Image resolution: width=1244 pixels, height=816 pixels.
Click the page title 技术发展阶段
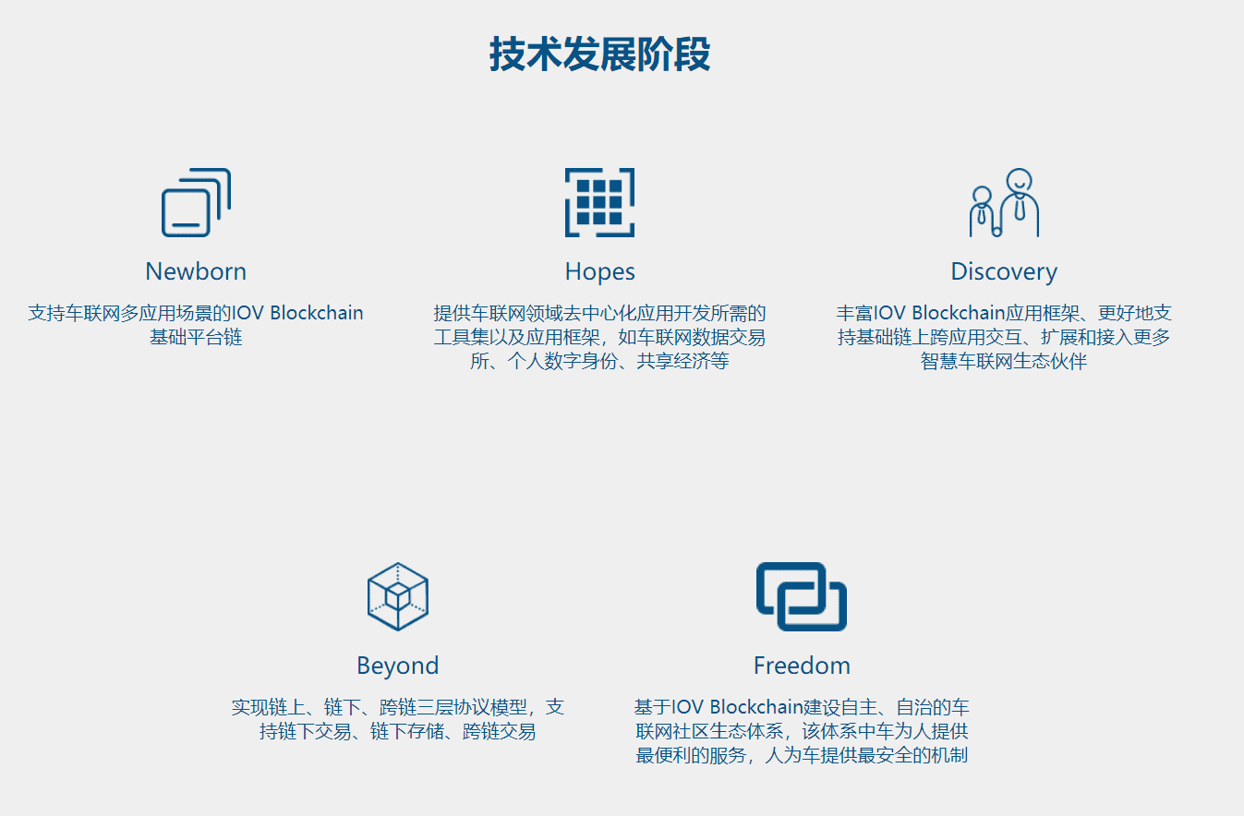pyautogui.click(x=599, y=54)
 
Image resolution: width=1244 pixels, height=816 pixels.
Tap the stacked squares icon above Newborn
pyautogui.click(x=196, y=203)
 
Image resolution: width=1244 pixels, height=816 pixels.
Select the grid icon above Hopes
pyautogui.click(x=599, y=202)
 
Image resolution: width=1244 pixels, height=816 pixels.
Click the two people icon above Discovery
pyautogui.click(x=1004, y=203)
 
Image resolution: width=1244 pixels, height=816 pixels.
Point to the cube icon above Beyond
pyautogui.click(x=397, y=596)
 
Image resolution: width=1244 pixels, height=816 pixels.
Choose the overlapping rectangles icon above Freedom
pyautogui.click(x=801, y=596)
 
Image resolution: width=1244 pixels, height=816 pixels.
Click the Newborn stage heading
pyautogui.click(x=196, y=271)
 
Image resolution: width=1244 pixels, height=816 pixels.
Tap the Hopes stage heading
pyautogui.click(x=599, y=271)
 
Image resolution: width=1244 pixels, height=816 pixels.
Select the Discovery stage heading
pyautogui.click(x=1004, y=271)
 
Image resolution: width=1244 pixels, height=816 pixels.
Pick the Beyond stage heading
pyautogui.click(x=397, y=666)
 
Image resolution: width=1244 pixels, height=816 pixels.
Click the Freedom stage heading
pyautogui.click(x=802, y=666)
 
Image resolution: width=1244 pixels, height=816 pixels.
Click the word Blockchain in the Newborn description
pyautogui.click(x=317, y=313)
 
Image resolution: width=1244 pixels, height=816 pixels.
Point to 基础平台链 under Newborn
pyautogui.click(x=196, y=337)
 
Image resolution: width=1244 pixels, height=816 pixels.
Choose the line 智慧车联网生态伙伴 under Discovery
pyautogui.click(x=1004, y=361)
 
